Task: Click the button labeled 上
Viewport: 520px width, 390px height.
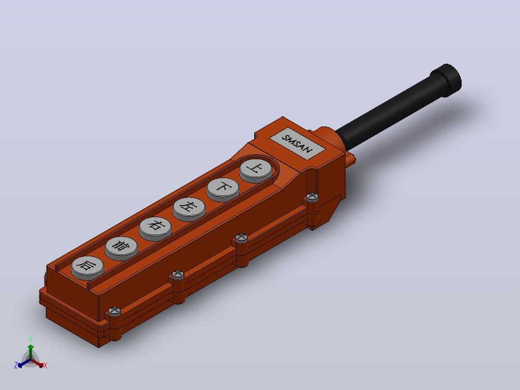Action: pos(256,170)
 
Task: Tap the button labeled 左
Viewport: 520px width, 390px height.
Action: pos(189,209)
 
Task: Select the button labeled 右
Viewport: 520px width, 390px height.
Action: pos(155,228)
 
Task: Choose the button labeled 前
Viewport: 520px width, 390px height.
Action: pos(122,248)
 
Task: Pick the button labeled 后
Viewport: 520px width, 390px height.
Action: pos(88,267)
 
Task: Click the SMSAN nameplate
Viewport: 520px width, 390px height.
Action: pos(297,143)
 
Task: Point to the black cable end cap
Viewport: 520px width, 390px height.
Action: pos(447,80)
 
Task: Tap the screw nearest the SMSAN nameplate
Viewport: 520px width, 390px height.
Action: pos(312,197)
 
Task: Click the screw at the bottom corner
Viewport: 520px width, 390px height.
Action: pos(114,311)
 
